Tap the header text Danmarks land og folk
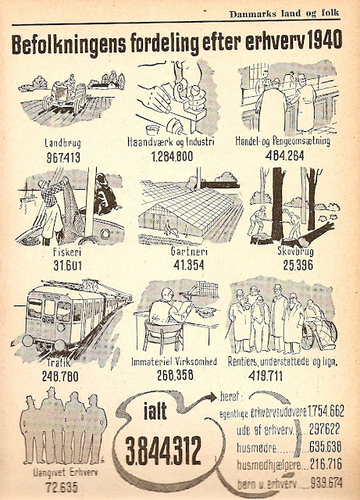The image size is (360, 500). coord(284,14)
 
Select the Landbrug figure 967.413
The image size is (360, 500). coord(63,158)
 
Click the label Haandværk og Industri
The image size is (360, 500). coord(170,141)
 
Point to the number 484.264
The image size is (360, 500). coord(285,155)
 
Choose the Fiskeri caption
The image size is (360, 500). coord(68,252)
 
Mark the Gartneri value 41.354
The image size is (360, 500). coord(189,265)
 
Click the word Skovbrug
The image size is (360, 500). coord(295,252)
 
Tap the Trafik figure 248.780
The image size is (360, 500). coord(60,377)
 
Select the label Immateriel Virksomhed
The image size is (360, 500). coord(174,362)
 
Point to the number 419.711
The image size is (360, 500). coord(266,376)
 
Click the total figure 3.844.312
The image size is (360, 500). coord(163,451)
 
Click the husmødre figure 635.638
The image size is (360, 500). coord(325,447)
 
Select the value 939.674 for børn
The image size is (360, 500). coord(326,483)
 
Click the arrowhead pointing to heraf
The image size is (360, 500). coord(212,398)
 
